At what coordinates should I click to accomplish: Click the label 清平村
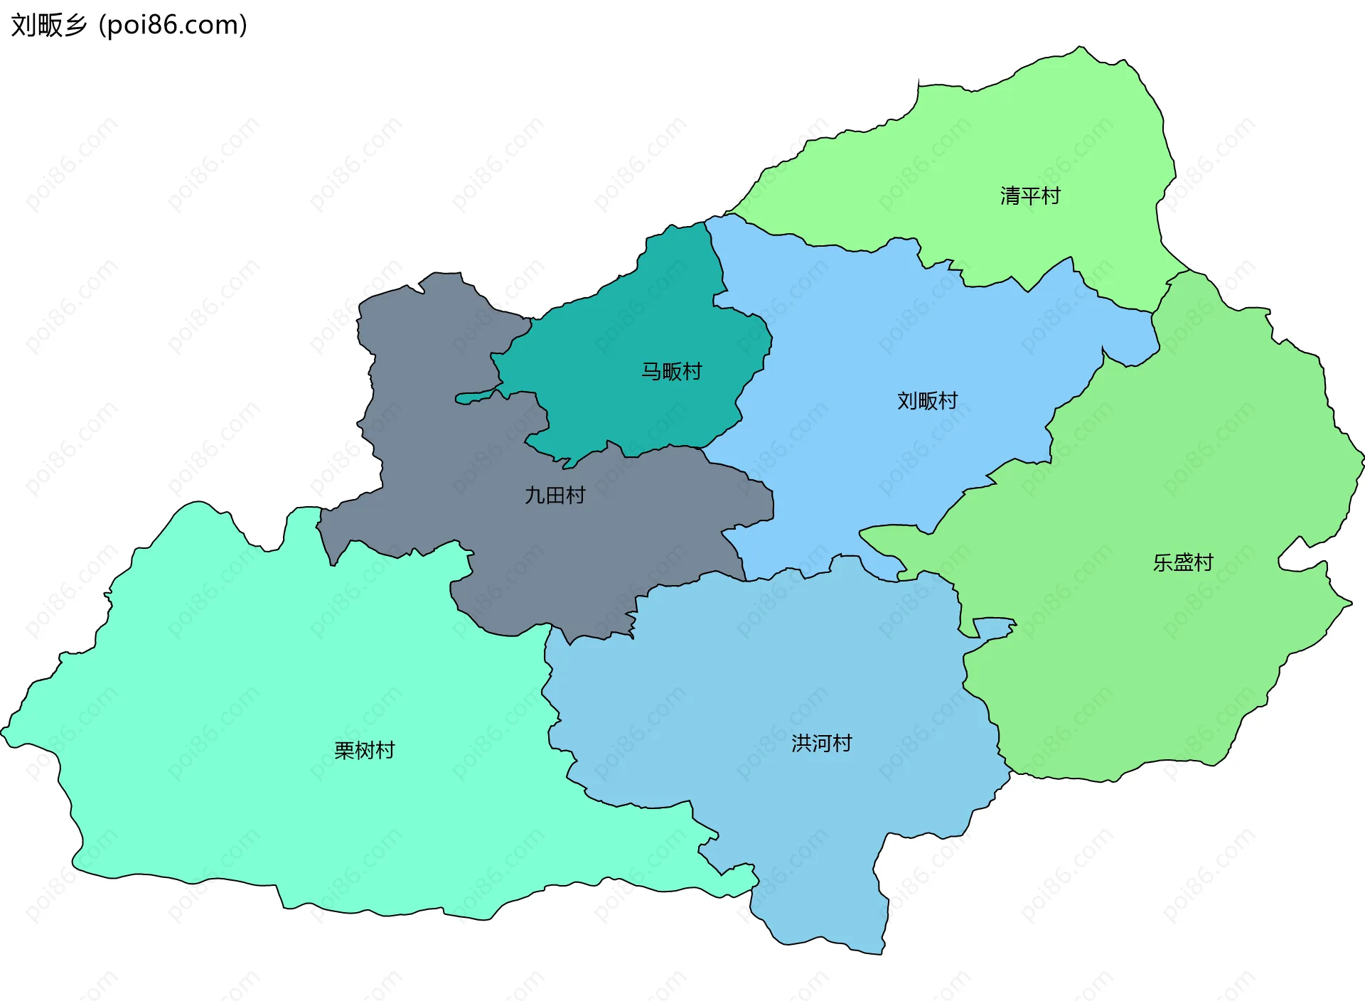point(1030,196)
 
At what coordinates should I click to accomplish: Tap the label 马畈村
point(671,371)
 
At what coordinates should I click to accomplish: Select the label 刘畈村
point(927,401)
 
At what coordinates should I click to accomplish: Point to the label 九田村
point(555,495)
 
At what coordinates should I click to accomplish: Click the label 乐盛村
point(1183,562)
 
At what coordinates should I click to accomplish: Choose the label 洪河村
point(822,743)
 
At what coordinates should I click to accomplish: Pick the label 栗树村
point(364,750)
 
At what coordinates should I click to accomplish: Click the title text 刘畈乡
point(48,25)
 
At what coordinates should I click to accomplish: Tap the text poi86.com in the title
point(173,25)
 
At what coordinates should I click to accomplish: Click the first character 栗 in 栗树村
point(344,750)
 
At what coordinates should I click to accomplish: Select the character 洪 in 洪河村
point(801,743)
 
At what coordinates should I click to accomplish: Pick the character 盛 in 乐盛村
point(1183,562)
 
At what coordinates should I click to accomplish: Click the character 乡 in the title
point(75,25)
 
